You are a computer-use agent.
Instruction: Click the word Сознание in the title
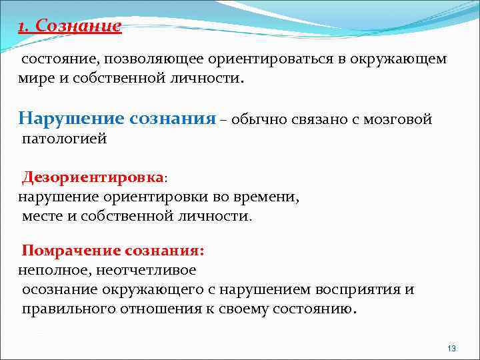click(79, 26)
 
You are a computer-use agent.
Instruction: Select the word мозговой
click(399, 120)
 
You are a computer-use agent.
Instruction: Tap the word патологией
click(64, 139)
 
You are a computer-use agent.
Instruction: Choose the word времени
click(270, 197)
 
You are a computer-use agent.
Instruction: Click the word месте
click(43, 217)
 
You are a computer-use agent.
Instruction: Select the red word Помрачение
click(71, 251)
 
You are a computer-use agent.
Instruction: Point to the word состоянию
click(313, 309)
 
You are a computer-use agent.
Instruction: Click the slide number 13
click(451, 349)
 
